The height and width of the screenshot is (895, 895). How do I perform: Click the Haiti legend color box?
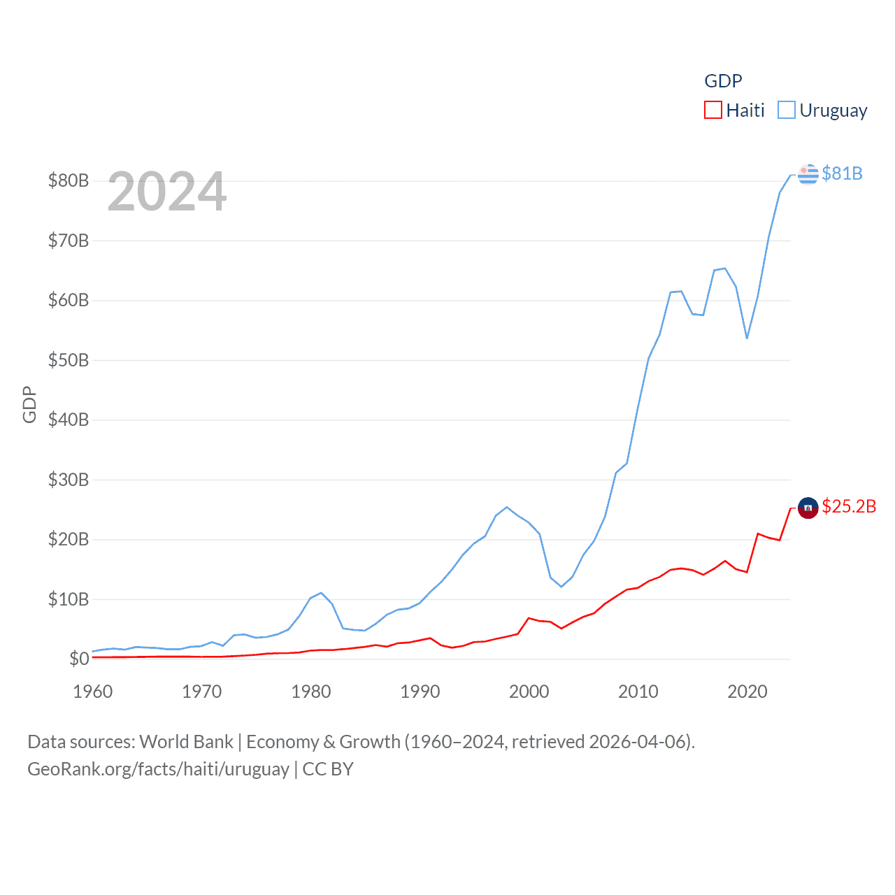click(713, 110)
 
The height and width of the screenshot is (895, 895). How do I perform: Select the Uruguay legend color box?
click(787, 110)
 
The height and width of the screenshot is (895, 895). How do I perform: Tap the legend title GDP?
click(723, 81)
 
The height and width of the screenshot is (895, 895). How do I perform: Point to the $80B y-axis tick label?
click(69, 180)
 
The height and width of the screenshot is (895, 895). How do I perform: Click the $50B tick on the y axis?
click(69, 360)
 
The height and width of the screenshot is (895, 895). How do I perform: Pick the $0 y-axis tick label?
click(79, 659)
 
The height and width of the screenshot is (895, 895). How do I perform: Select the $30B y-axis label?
click(69, 480)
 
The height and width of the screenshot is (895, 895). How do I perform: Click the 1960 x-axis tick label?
click(93, 692)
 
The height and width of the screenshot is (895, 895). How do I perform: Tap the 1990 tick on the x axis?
click(420, 692)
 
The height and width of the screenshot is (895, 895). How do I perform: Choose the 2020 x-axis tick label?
click(747, 692)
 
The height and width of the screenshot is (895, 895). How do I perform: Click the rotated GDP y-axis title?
click(29, 404)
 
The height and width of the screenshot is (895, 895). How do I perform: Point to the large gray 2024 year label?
click(167, 192)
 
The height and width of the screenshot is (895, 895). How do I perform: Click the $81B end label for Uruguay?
click(842, 173)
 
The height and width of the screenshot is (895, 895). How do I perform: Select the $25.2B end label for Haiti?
click(849, 506)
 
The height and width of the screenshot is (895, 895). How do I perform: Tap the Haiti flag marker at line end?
click(808, 508)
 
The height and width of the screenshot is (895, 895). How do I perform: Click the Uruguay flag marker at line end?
click(808, 174)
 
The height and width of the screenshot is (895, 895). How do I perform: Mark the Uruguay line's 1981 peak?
click(321, 593)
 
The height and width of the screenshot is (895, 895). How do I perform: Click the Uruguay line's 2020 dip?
click(747, 338)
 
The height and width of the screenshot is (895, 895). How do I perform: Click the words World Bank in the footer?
click(187, 742)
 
